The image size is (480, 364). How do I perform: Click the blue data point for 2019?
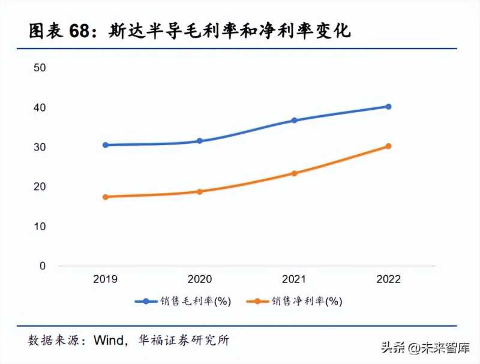[106, 145]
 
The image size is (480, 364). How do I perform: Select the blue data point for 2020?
[200, 141]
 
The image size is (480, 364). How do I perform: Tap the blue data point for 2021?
[294, 120]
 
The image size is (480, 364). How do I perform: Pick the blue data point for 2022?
[388, 107]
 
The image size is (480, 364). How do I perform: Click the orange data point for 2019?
[106, 197]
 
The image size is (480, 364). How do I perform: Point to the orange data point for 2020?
[200, 192]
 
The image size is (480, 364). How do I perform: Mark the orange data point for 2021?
[294, 173]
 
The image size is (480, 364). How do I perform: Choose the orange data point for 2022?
[388, 146]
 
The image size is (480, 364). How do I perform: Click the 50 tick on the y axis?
[40, 68]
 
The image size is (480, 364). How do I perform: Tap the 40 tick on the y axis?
[40, 107]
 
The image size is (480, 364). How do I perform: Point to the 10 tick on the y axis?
[40, 226]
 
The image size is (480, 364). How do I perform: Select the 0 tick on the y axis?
[43, 266]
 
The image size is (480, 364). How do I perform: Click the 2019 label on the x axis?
[106, 279]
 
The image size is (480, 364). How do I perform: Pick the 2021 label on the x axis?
[294, 279]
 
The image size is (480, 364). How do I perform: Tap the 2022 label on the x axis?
[388, 279]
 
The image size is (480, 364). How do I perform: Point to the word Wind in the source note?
[109, 341]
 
